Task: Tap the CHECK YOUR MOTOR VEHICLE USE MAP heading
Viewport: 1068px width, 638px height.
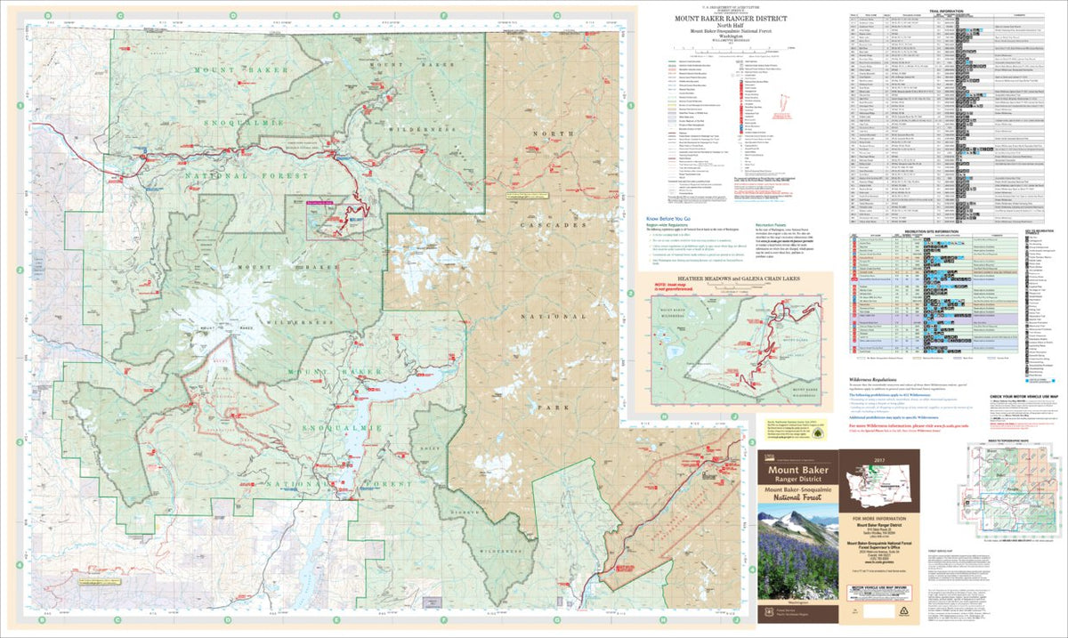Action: pyautogui.click(x=1024, y=395)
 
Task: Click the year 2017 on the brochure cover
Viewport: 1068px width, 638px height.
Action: pyautogui.click(x=878, y=459)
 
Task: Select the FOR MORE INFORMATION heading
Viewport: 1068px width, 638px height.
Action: pyautogui.click(x=878, y=517)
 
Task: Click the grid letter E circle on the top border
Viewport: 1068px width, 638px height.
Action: pyautogui.click(x=336, y=15)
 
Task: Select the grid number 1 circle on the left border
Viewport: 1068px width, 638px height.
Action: pyautogui.click(x=20, y=106)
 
